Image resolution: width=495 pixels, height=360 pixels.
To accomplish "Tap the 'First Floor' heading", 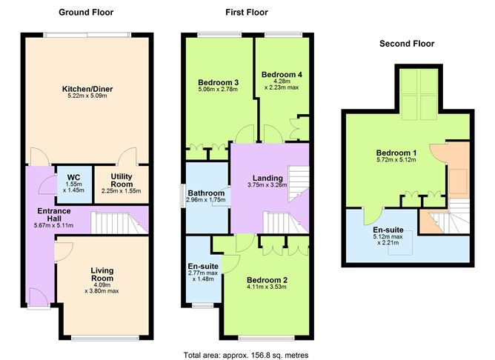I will (x=247, y=12).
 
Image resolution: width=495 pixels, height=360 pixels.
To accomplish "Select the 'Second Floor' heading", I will (x=406, y=44).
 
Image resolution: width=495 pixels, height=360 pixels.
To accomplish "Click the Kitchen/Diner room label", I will (x=87, y=89).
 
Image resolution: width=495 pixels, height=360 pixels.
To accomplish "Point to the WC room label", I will (x=73, y=177).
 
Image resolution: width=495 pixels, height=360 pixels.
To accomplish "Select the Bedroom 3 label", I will (x=218, y=81).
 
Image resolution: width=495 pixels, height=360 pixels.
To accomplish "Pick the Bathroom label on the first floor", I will (x=205, y=192).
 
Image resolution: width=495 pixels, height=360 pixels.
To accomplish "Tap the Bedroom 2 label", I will (x=265, y=279).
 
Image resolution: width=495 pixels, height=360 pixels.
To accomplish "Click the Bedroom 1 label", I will (x=396, y=153).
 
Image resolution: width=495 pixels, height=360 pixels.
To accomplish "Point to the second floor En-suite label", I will (x=388, y=230).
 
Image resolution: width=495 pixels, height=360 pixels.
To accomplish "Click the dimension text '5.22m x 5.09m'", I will (x=87, y=96).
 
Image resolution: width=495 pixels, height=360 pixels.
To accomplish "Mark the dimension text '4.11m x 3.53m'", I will (x=265, y=287).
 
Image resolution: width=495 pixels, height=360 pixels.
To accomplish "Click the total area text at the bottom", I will (x=245, y=355).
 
